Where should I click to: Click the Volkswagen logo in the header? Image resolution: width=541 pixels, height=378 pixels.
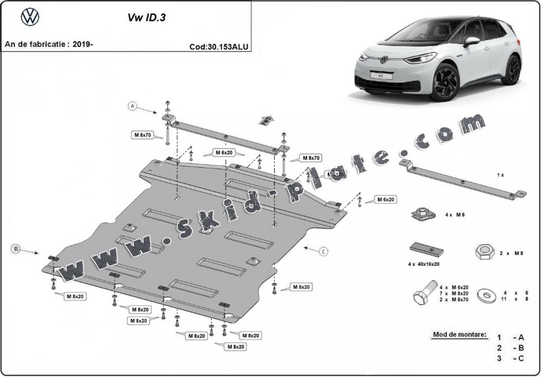coord(30,17)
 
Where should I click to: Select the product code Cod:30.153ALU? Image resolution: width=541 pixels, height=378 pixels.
coord(219,46)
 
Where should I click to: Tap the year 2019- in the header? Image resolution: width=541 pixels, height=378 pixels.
coord(83,44)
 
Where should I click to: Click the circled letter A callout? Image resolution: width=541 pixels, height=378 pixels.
coord(133,106)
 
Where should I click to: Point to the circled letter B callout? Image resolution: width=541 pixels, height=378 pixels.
coord(16,249)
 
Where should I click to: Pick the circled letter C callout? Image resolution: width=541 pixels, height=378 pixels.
coord(323,251)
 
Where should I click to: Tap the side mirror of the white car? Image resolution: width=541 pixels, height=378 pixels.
coord(471,41)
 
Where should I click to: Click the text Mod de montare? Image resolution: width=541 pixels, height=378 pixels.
coord(459,335)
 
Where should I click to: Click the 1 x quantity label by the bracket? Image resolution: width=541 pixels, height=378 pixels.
coord(500,175)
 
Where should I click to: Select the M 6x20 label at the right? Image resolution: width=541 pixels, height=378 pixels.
coord(385,199)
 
